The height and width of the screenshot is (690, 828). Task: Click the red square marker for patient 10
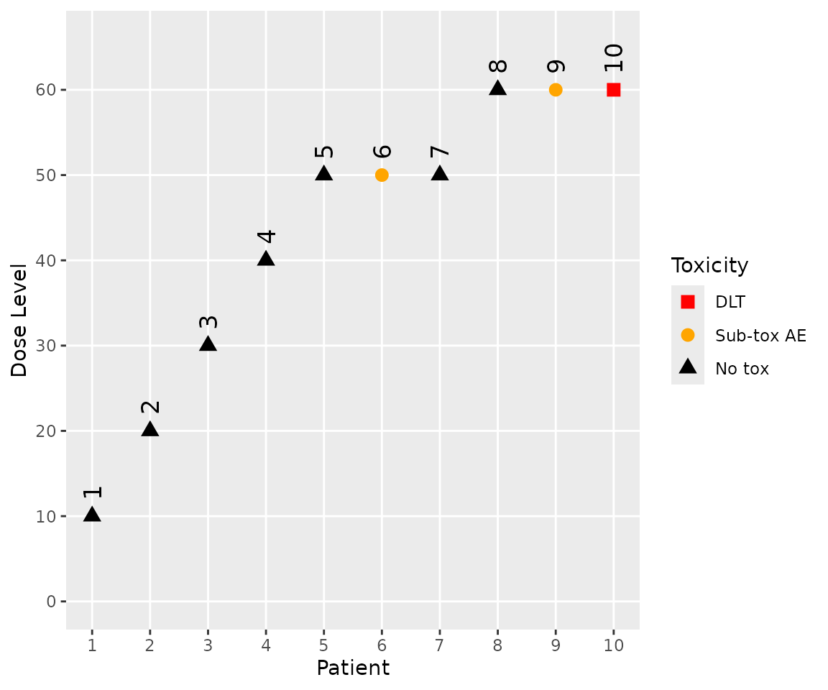(x=613, y=90)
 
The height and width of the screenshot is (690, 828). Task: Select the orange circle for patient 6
(x=382, y=175)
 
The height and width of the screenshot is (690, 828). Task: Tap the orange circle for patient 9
(x=556, y=90)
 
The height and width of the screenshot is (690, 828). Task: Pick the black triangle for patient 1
(x=92, y=515)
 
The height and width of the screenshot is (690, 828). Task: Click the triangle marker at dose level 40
(x=266, y=259)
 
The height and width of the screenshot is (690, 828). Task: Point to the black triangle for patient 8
(x=497, y=88)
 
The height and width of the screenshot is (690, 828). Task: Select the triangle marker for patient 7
(x=440, y=174)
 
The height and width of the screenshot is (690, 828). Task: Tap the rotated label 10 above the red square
(x=613, y=57)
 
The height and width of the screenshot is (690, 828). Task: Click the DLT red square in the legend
(x=688, y=302)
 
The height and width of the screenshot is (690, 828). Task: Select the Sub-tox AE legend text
(x=760, y=336)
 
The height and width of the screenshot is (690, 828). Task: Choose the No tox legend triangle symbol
(x=688, y=367)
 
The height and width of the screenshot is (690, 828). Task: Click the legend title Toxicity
(x=709, y=266)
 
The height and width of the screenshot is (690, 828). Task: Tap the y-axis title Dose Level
(x=19, y=320)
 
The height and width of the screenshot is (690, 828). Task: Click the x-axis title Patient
(x=353, y=668)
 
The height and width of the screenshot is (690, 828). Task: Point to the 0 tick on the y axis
(x=52, y=602)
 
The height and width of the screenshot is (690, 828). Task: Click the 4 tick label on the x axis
(x=266, y=645)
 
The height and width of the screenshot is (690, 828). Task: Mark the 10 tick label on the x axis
(x=613, y=645)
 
